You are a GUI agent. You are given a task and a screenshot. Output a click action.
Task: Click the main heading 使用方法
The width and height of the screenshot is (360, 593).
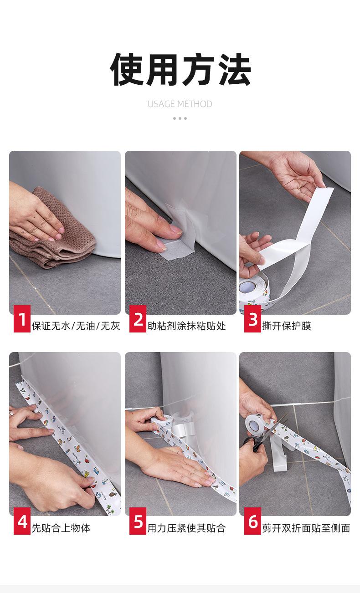(180, 69)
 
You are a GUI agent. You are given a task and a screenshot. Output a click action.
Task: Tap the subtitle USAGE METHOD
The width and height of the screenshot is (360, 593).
(180, 104)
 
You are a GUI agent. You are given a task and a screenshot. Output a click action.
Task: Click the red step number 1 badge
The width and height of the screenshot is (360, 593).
(22, 319)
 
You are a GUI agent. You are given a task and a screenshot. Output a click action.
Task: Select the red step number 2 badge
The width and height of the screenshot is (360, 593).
(138, 319)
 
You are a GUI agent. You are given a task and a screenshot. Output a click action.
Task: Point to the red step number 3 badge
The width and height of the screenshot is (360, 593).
(252, 319)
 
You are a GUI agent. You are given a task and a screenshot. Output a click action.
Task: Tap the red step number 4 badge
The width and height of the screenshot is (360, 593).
(22, 521)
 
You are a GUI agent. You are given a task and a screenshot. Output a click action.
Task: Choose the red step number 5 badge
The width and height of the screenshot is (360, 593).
(138, 521)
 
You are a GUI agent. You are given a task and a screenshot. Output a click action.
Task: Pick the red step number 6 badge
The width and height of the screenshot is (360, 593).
(252, 521)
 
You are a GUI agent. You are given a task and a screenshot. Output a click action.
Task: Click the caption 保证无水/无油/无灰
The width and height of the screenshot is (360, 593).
(76, 326)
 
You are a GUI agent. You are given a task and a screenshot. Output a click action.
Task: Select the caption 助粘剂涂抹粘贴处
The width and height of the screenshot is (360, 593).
(186, 326)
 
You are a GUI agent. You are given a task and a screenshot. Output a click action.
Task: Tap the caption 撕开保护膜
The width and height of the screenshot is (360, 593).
(287, 326)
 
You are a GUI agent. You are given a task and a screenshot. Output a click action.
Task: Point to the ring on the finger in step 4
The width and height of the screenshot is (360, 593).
(11, 414)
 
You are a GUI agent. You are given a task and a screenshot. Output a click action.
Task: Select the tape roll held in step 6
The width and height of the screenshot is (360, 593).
(257, 426)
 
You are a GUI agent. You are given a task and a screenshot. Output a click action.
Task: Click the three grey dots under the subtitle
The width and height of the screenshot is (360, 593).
(180, 118)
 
